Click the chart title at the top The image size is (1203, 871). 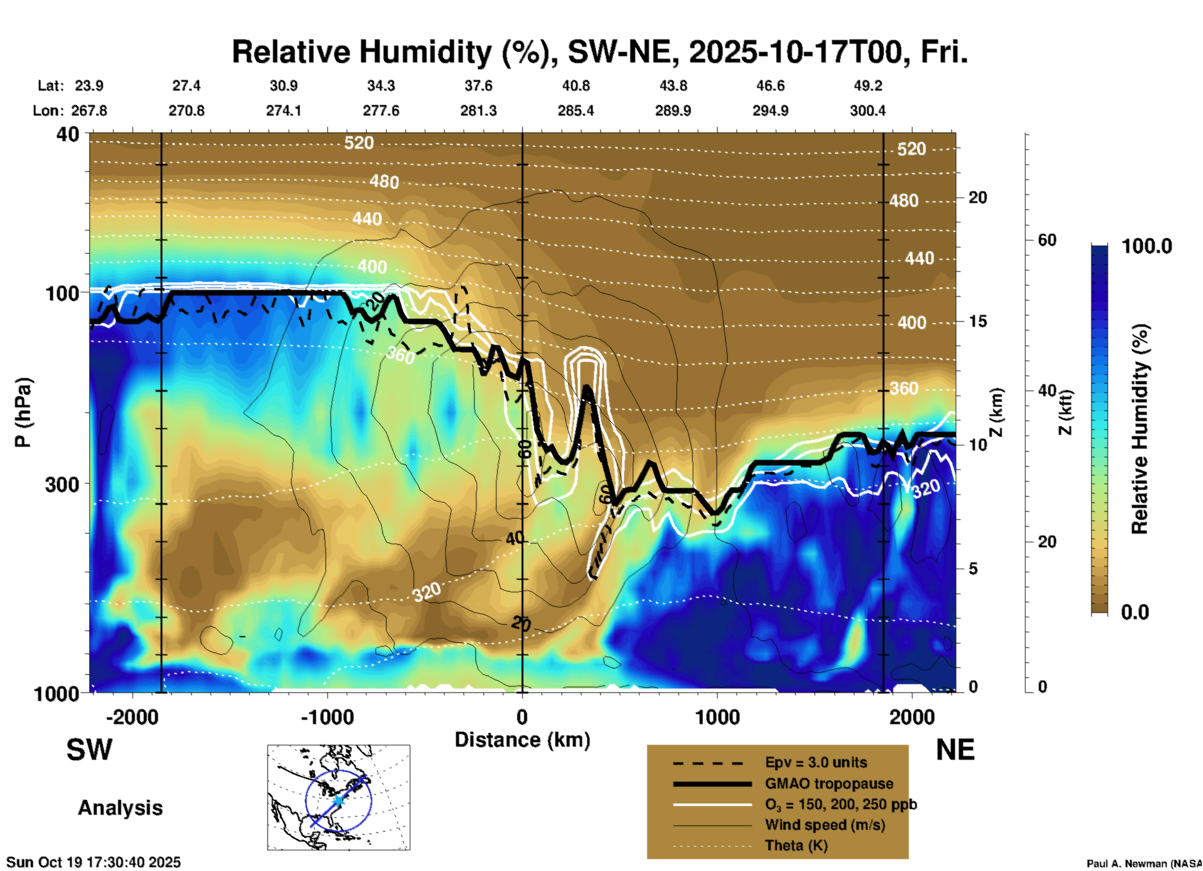tap(600, 51)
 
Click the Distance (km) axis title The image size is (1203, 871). tap(522, 740)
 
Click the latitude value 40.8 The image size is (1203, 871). tap(575, 86)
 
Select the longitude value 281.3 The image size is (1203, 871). tap(478, 111)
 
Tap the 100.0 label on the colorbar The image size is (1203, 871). tap(1147, 246)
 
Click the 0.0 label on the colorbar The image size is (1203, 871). tap(1135, 612)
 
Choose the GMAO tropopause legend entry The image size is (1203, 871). tap(829, 784)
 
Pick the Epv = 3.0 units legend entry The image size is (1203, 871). tap(816, 762)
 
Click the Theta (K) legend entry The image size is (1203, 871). tap(796, 845)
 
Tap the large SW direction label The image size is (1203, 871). tap(89, 750)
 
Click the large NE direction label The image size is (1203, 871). tap(955, 750)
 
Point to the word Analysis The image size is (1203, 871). tap(120, 807)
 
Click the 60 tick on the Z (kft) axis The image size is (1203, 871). tap(1047, 240)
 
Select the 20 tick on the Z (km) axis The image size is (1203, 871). tap(978, 197)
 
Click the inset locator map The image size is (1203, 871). tap(339, 797)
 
